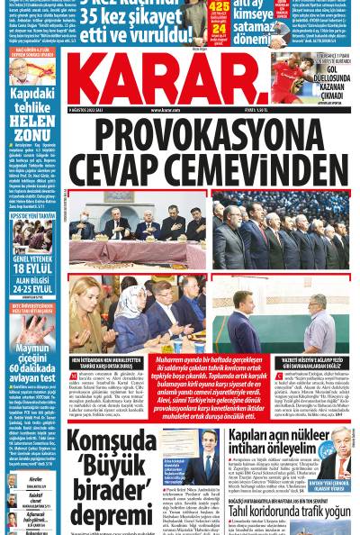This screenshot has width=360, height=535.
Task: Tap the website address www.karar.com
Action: coord(164,110)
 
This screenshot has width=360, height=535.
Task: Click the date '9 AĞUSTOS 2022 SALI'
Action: coord(88,110)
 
